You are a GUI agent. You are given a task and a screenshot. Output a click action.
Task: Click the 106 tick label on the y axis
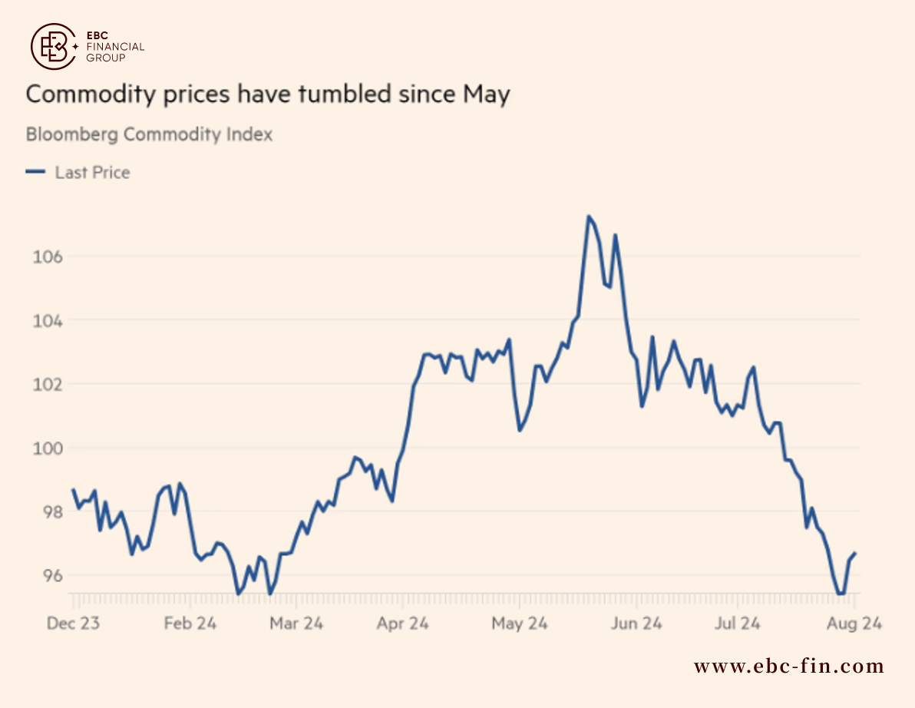point(48,256)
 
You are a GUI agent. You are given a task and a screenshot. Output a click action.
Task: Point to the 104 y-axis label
point(48,320)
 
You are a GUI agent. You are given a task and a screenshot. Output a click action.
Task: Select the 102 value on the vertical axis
point(48,384)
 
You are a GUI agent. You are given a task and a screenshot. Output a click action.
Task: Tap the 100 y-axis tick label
point(48,448)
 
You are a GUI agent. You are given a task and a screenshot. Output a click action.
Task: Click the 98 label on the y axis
point(52,512)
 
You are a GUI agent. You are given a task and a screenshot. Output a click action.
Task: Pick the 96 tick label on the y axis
point(52,575)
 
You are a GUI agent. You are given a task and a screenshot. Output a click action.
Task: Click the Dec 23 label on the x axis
point(73,624)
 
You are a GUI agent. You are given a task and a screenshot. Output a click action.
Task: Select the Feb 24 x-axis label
point(190,624)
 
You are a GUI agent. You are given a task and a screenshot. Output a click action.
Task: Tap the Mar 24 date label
point(296,624)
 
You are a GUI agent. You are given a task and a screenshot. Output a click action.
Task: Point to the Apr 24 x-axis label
point(403,624)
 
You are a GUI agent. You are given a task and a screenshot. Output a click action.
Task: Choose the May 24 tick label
point(520,624)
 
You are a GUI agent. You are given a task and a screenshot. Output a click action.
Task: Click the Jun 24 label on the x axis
point(636,624)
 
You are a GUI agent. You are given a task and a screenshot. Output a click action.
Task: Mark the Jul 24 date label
point(738,624)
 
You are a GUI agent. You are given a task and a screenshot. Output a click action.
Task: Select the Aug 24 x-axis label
point(854,624)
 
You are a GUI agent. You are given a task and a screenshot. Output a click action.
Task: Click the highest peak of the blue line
point(588,217)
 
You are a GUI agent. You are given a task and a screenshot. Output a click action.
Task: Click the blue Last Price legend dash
point(35,171)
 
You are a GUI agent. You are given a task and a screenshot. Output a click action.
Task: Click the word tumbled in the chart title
point(345,94)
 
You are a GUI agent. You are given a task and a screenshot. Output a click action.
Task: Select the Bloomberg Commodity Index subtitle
point(150,134)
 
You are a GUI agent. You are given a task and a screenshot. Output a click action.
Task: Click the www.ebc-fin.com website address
point(789,666)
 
